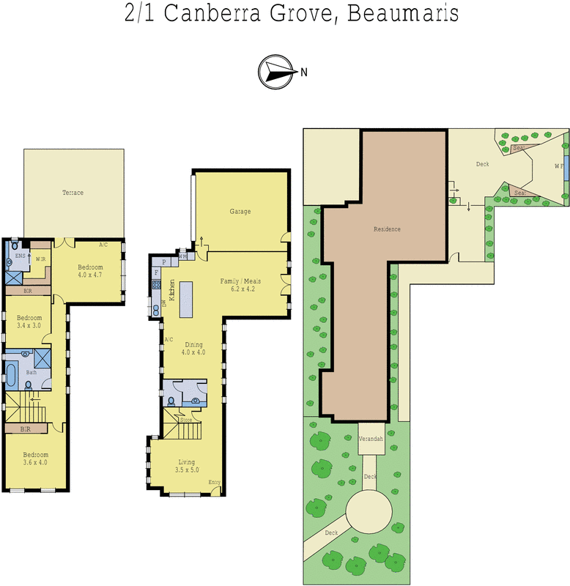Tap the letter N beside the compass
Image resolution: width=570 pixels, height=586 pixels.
pos(303,72)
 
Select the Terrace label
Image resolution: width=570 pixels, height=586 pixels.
pos(73,193)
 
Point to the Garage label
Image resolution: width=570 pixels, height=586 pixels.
pos(240,212)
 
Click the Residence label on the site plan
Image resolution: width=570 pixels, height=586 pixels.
pos(387,229)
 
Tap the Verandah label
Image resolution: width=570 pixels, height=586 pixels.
pos(371,438)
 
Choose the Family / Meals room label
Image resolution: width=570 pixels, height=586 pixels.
pos(241,285)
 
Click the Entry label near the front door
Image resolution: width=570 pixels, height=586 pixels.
pos(214,482)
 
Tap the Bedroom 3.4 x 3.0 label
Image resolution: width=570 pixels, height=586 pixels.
pos(29,322)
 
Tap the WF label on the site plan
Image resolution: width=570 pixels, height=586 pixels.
pos(558,166)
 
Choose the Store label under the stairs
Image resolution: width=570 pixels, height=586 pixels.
pos(186,420)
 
